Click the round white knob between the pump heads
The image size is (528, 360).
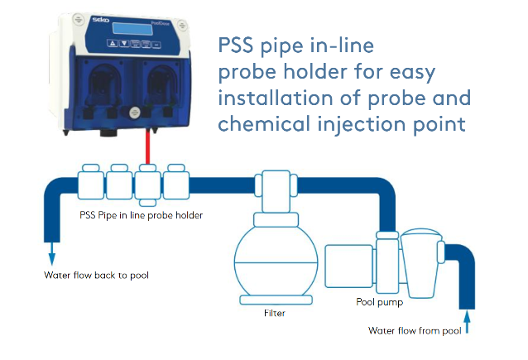[131, 107]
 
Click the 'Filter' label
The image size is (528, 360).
[275, 314]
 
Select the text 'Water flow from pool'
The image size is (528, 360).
[415, 330]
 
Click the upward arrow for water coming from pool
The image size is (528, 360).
[468, 319]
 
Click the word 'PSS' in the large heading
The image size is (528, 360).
[239, 44]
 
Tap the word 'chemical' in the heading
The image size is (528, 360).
[266, 124]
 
